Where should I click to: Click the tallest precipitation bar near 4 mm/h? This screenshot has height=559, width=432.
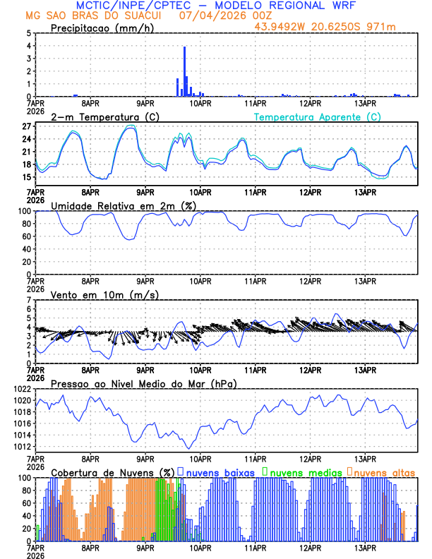(184, 71)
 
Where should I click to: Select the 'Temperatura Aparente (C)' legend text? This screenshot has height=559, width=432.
(317, 116)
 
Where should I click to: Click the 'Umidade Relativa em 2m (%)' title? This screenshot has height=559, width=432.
(123, 205)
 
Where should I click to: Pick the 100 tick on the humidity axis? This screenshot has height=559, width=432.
(23, 211)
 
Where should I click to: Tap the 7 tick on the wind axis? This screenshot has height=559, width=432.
(29, 301)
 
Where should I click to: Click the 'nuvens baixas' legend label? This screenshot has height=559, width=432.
(220, 471)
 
